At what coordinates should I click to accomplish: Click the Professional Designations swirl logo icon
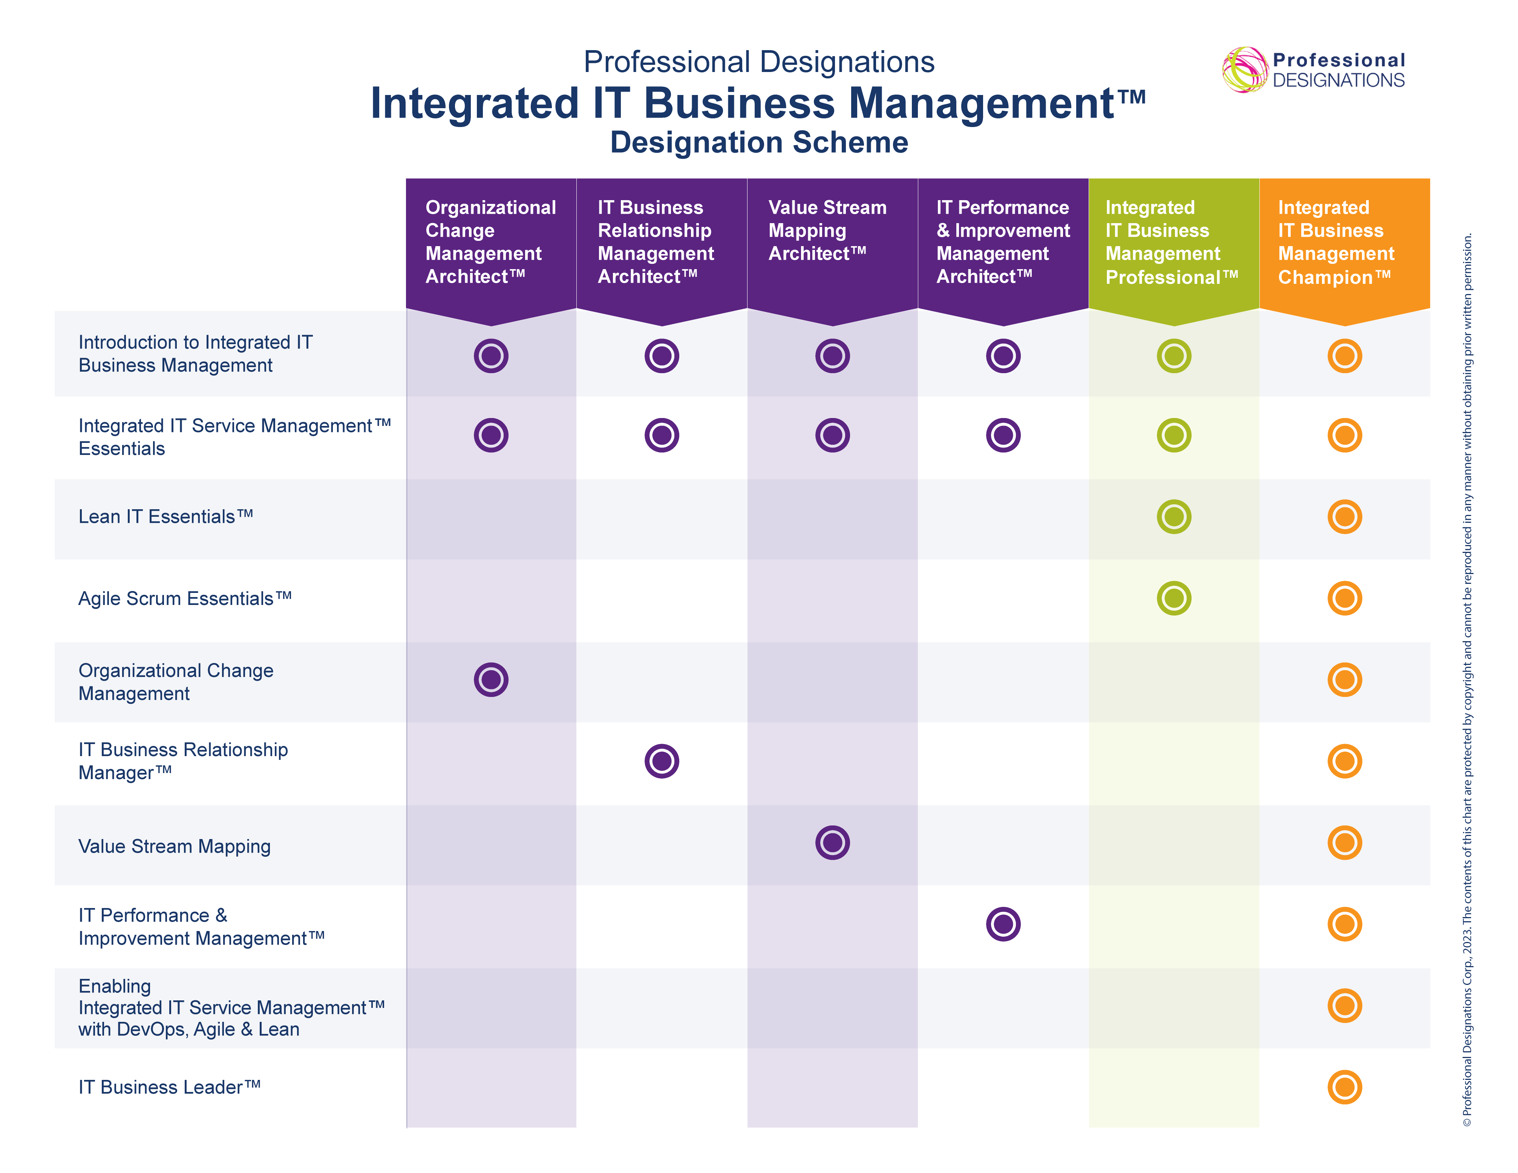1244,69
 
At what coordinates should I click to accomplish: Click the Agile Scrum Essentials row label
184,598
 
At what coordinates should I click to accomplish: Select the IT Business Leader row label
169,1087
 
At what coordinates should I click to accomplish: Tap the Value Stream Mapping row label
175,847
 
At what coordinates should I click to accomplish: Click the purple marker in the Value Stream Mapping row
832,843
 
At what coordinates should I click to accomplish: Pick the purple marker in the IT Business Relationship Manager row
662,761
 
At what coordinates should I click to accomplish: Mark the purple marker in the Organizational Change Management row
491,680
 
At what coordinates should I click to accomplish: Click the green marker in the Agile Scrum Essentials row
1174,598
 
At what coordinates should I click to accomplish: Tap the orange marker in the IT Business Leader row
1344,1087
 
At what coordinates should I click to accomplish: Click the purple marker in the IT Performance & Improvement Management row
1003,924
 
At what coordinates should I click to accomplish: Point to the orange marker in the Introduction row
1344,356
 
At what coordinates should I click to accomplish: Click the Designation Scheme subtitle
759,142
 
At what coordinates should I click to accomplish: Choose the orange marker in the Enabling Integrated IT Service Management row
1344,1006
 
